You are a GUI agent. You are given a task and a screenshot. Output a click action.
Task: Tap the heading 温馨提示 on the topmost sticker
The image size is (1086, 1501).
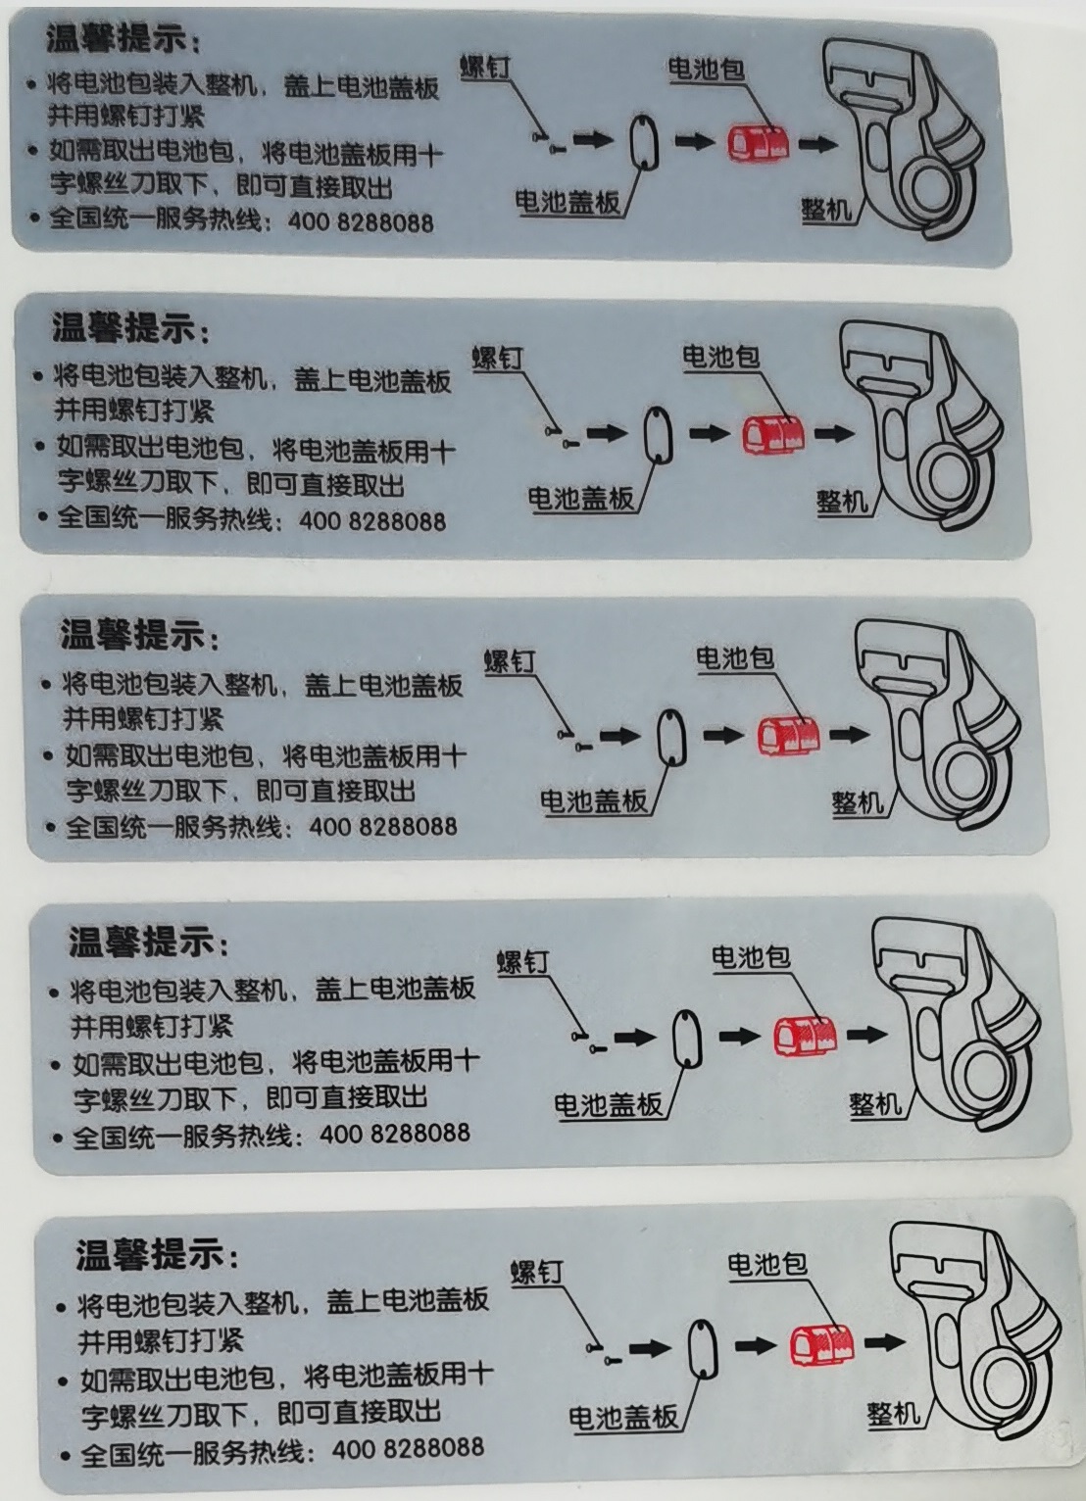[117, 39]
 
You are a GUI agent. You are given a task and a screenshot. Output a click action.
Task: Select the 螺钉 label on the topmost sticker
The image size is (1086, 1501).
[485, 68]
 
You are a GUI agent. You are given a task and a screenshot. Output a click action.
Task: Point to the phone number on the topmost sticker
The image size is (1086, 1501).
[361, 221]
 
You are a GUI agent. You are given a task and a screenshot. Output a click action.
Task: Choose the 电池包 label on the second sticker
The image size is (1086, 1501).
[720, 357]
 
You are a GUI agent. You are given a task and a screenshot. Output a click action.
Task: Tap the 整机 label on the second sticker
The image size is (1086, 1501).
[842, 502]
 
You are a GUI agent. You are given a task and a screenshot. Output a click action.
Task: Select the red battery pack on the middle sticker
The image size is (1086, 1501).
[786, 735]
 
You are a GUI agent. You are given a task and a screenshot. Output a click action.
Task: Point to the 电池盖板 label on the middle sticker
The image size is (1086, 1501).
[594, 801]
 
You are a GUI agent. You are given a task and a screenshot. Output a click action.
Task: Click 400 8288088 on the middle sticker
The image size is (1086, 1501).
[383, 826]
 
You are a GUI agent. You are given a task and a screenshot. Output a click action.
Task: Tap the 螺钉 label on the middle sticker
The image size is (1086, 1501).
[510, 661]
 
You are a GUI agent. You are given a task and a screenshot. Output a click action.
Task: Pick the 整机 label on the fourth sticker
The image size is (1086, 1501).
[874, 1104]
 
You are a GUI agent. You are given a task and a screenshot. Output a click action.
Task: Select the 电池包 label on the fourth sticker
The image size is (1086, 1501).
[750, 956]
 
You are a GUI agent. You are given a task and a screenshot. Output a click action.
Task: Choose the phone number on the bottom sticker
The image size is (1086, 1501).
[408, 1448]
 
